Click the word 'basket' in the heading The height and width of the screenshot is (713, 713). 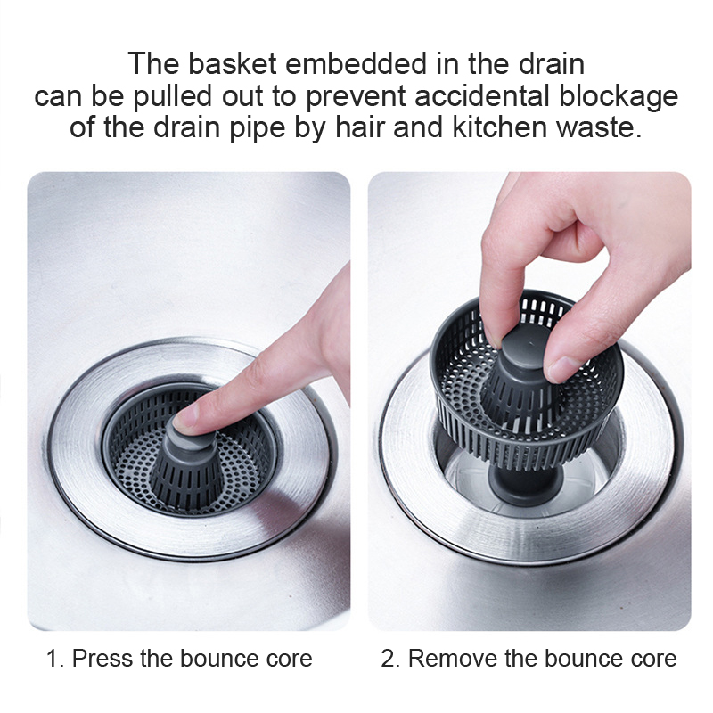point(232,63)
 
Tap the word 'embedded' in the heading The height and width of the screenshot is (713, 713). point(356,63)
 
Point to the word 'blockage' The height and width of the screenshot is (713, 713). point(619,96)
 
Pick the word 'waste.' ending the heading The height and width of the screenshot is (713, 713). point(599,127)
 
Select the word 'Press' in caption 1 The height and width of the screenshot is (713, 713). point(102,658)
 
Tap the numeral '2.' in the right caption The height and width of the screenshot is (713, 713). point(390,658)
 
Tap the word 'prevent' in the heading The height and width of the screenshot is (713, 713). point(356,97)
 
